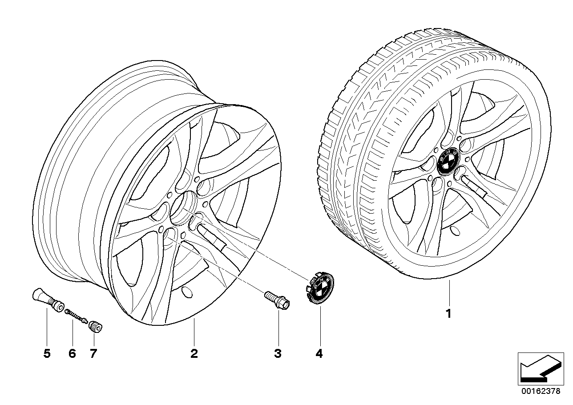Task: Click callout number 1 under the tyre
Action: (x=449, y=314)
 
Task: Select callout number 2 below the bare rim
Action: (x=194, y=354)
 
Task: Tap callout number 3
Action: (x=278, y=354)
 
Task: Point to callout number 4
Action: (x=319, y=354)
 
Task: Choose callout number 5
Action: (x=47, y=354)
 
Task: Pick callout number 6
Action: (x=72, y=354)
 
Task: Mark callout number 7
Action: (x=93, y=354)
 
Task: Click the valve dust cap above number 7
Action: (x=95, y=327)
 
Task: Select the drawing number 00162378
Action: (x=541, y=392)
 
